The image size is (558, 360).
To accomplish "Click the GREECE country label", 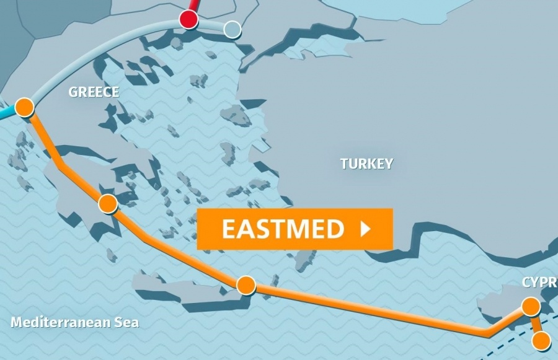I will point(94,92).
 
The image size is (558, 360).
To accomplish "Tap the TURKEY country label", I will point(366,164).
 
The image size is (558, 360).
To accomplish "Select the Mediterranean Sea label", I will point(75,322).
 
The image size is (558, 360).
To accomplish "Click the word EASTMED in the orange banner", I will point(283,229).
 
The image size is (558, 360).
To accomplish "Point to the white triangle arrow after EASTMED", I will point(365,229).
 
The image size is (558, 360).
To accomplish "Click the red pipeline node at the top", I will point(188,19).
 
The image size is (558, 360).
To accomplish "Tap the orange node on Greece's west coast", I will point(24,107).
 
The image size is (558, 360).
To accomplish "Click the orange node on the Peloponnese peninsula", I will point(108,203).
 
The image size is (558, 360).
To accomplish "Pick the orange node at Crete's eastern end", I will point(246,285).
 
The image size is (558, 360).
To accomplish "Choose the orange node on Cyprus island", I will point(530,306).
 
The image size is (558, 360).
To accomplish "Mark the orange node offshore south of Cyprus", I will point(541,340).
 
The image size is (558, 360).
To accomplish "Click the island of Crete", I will point(186,291).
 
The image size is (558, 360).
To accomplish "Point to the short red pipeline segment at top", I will point(194,6).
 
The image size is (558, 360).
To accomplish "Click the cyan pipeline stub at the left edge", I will point(6,114).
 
